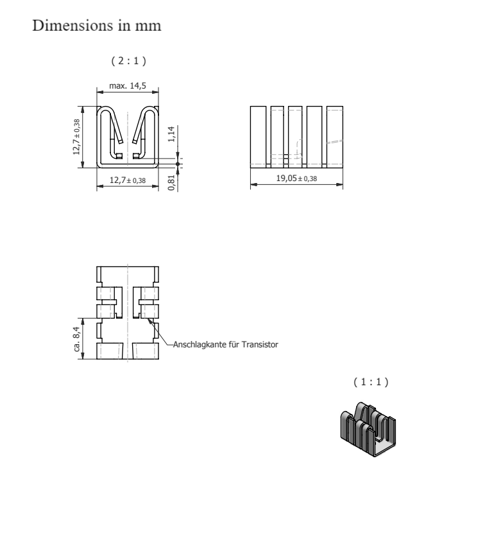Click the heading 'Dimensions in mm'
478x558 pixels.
coord(97,26)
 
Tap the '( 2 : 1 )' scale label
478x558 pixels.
coord(128,61)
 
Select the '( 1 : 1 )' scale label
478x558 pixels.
coord(371,382)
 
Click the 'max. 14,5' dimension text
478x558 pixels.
coord(128,86)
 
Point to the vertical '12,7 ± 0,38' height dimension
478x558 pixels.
coord(76,137)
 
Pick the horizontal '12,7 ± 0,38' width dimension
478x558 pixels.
coord(128,180)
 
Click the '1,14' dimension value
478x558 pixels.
coord(171,134)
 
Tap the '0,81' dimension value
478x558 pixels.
coord(171,182)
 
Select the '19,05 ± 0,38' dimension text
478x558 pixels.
coord(296,178)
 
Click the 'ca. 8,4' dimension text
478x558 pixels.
coord(77,339)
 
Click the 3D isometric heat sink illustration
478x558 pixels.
coord(368,430)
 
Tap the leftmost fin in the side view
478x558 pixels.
coord(258,137)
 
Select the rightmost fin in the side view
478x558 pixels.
coord(335,137)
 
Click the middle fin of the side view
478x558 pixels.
coord(295,137)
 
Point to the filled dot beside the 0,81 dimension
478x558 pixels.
coord(178,164)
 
